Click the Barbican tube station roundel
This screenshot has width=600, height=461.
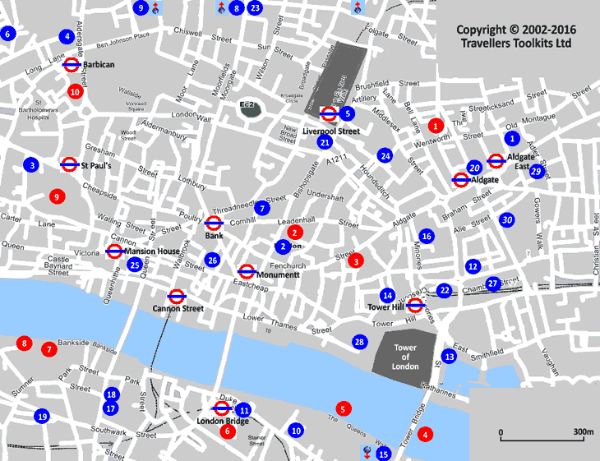(x=71, y=63)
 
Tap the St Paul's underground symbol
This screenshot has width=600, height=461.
(x=69, y=165)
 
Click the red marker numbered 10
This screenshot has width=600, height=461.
(x=75, y=91)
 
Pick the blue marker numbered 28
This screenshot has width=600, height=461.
(x=358, y=342)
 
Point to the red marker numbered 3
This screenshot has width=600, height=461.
(x=355, y=260)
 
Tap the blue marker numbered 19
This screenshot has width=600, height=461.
(x=42, y=417)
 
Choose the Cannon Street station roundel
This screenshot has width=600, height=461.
(x=176, y=296)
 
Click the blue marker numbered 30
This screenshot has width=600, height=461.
(x=507, y=219)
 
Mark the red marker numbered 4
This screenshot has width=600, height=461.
(x=425, y=434)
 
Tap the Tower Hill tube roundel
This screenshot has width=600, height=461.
(x=415, y=306)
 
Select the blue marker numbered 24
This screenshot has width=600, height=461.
(x=385, y=155)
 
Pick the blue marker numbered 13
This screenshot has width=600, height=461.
(x=449, y=357)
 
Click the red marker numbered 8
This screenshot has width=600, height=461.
(x=24, y=343)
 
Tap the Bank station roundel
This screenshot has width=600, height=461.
(x=213, y=223)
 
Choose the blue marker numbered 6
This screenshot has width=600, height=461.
(x=8, y=34)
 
